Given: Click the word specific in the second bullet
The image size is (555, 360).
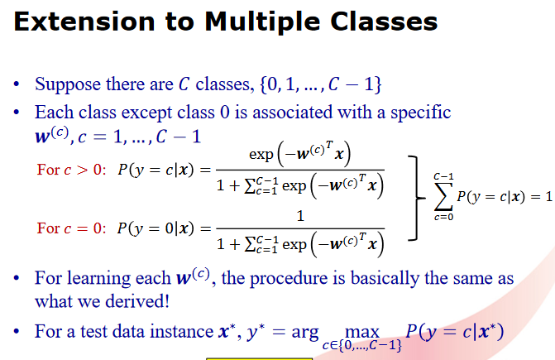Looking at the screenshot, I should pyautogui.click(x=416, y=111).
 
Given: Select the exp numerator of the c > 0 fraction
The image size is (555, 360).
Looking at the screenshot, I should pyautogui.click(x=299, y=155).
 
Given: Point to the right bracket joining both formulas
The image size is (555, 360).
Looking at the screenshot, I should pyautogui.click(x=414, y=199).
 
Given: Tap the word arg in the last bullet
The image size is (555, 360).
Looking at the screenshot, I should pyautogui.click(x=305, y=332).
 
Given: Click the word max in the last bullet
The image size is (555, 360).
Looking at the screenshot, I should pyautogui.click(x=361, y=329).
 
